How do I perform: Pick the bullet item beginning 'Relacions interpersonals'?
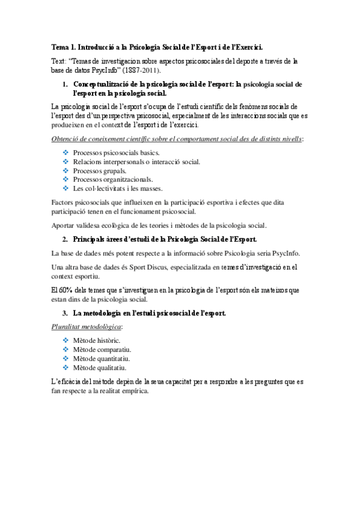click(136, 162)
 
